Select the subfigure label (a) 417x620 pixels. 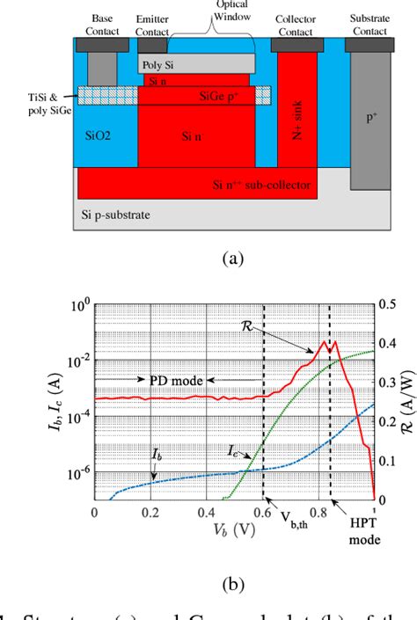click(208, 258)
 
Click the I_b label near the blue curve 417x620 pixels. click(131, 456)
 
